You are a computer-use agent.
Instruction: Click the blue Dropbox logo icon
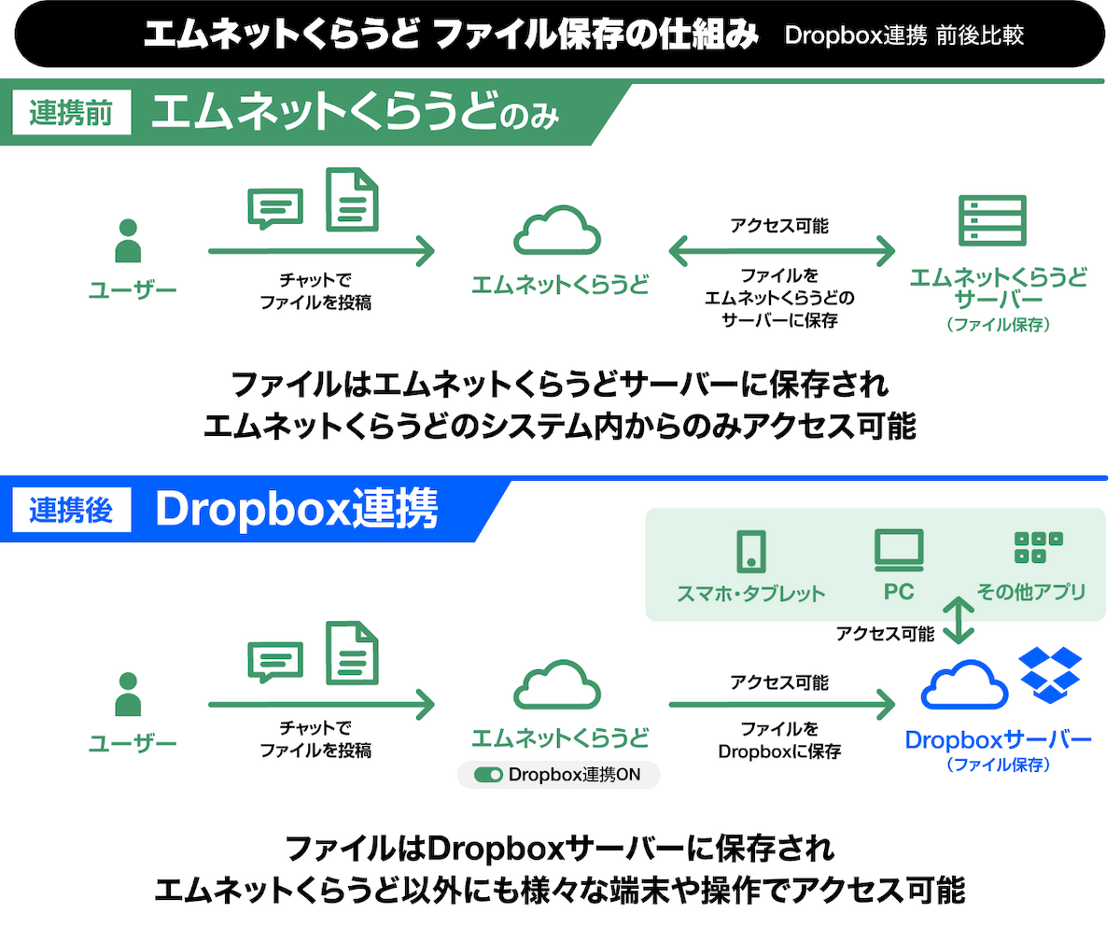(x=1050, y=674)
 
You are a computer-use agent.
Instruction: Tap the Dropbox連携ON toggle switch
(x=488, y=775)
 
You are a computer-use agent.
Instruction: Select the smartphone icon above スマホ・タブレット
(x=751, y=552)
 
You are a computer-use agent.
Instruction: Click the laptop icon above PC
(x=899, y=550)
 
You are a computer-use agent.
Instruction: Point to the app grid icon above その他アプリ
(x=1039, y=547)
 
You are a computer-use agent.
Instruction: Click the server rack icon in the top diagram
(x=992, y=220)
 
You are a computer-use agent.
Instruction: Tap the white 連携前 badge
(x=71, y=112)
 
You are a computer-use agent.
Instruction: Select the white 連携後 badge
(x=71, y=510)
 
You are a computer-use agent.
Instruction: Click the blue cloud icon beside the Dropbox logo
(x=964, y=684)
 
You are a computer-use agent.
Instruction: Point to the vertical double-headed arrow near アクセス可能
(x=959, y=620)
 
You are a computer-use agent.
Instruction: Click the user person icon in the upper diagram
(x=128, y=240)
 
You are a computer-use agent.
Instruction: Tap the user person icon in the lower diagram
(x=128, y=694)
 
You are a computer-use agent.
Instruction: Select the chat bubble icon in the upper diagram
(x=275, y=209)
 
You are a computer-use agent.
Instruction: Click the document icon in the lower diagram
(x=352, y=653)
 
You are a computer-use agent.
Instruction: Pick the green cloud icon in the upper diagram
(x=557, y=230)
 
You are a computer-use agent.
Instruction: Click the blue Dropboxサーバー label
(x=998, y=740)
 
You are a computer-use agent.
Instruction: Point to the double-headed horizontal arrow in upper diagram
(x=781, y=250)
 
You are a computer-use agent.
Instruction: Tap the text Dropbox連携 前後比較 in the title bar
(x=903, y=35)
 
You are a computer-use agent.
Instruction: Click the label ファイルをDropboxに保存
(x=779, y=740)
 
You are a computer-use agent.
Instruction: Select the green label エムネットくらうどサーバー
(x=999, y=288)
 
